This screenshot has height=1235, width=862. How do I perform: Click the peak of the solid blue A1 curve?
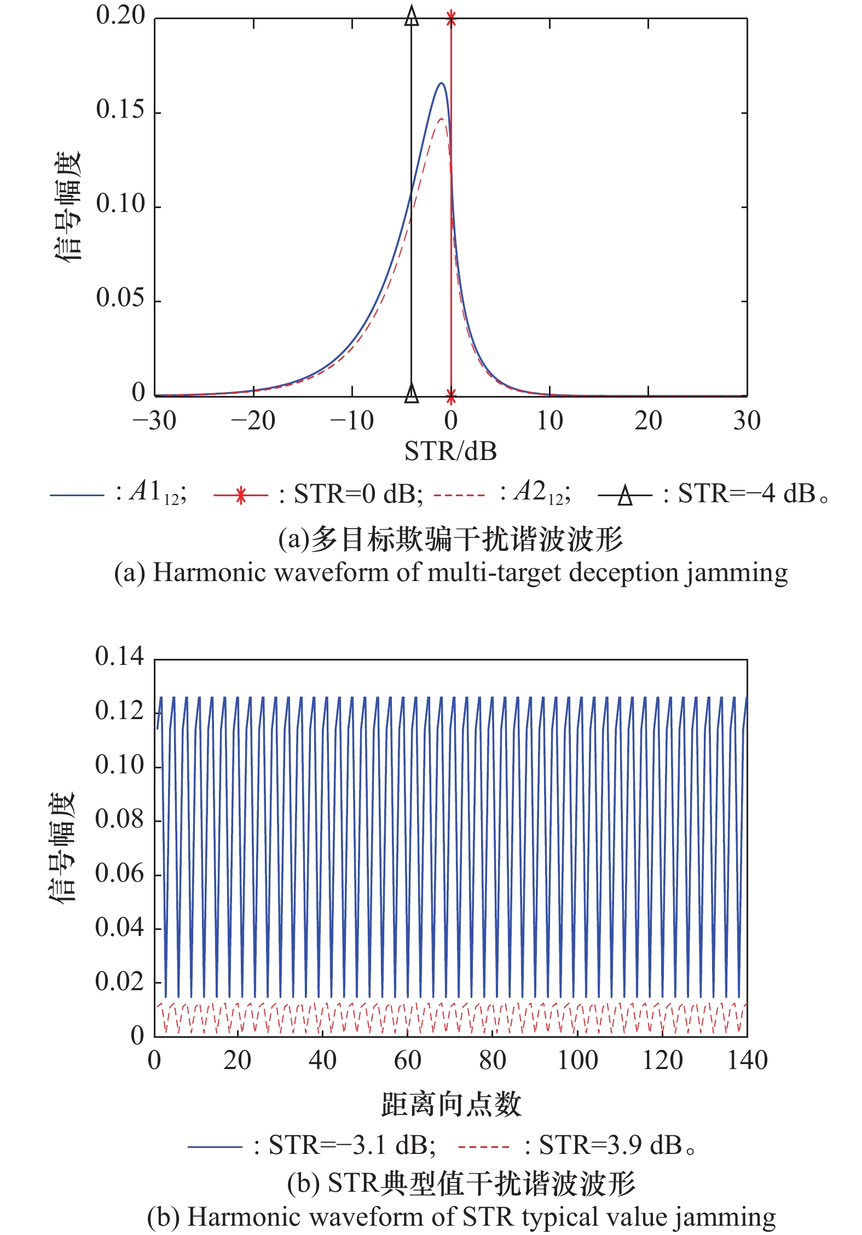pos(441,83)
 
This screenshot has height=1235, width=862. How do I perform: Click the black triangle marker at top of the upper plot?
pos(412,16)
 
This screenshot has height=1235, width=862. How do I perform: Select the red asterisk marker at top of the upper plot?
pos(451,18)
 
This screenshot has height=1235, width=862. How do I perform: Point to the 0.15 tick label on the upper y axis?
pos(120,110)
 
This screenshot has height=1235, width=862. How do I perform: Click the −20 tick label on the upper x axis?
pos(253,421)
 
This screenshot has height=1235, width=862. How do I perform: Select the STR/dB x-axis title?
pos(450,452)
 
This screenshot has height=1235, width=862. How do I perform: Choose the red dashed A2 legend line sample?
pos(459,495)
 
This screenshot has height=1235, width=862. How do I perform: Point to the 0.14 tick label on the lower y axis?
pos(119,656)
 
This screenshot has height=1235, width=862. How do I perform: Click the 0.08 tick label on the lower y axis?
pos(119,819)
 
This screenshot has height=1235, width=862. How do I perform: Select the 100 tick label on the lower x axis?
pos(577,1061)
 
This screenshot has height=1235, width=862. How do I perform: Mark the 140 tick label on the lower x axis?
pos(747,1061)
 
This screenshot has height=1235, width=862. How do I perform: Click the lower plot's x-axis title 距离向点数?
pos(451,1104)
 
